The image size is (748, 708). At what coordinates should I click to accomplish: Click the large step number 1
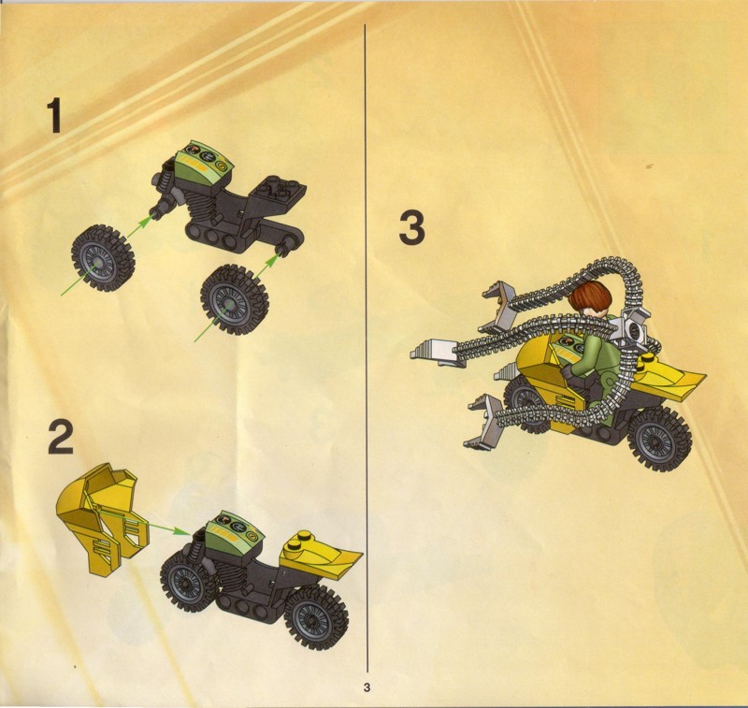click(x=54, y=115)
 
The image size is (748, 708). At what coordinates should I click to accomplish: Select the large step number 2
click(x=61, y=437)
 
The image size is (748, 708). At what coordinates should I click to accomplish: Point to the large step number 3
click(x=411, y=229)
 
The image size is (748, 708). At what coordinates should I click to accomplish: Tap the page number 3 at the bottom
click(x=367, y=687)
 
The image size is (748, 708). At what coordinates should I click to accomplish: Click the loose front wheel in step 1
click(x=103, y=258)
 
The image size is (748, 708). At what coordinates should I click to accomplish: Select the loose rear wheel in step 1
click(x=234, y=299)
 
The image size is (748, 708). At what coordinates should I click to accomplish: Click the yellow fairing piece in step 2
click(x=103, y=519)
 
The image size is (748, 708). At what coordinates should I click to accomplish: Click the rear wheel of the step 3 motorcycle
click(x=659, y=439)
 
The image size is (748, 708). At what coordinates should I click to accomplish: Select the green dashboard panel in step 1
click(x=204, y=163)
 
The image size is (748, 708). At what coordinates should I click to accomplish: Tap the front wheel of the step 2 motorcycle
click(x=187, y=581)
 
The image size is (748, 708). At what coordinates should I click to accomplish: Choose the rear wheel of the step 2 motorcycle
click(x=316, y=617)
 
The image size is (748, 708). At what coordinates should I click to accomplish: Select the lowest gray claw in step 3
click(x=482, y=422)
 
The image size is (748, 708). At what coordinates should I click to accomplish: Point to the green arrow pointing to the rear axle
click(x=267, y=266)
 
